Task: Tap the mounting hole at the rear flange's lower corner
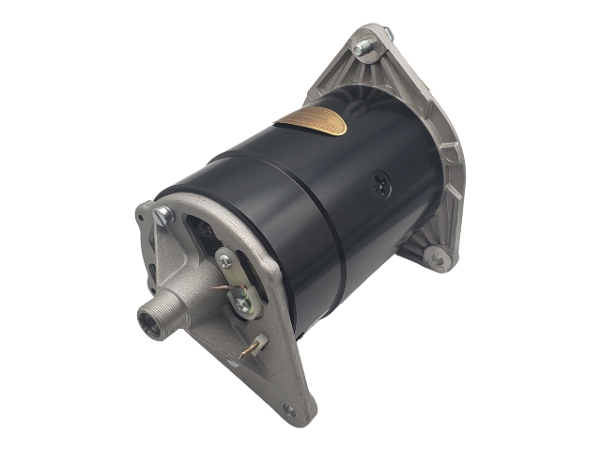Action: click(x=434, y=255)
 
